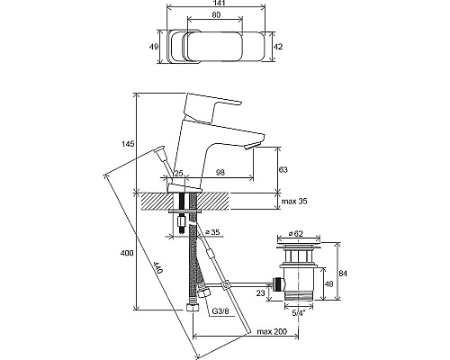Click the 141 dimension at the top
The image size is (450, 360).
click(x=216, y=3)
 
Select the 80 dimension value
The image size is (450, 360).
click(x=216, y=14)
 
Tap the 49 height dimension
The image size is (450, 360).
click(x=154, y=47)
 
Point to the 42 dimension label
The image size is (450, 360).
click(x=278, y=47)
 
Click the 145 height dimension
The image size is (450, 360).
click(x=128, y=144)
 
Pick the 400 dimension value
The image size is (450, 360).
click(x=127, y=254)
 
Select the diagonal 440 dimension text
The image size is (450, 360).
click(x=157, y=267)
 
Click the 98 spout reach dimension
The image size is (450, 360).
click(x=220, y=173)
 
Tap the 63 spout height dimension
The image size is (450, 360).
click(x=283, y=170)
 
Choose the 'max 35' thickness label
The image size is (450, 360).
click(x=294, y=202)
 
